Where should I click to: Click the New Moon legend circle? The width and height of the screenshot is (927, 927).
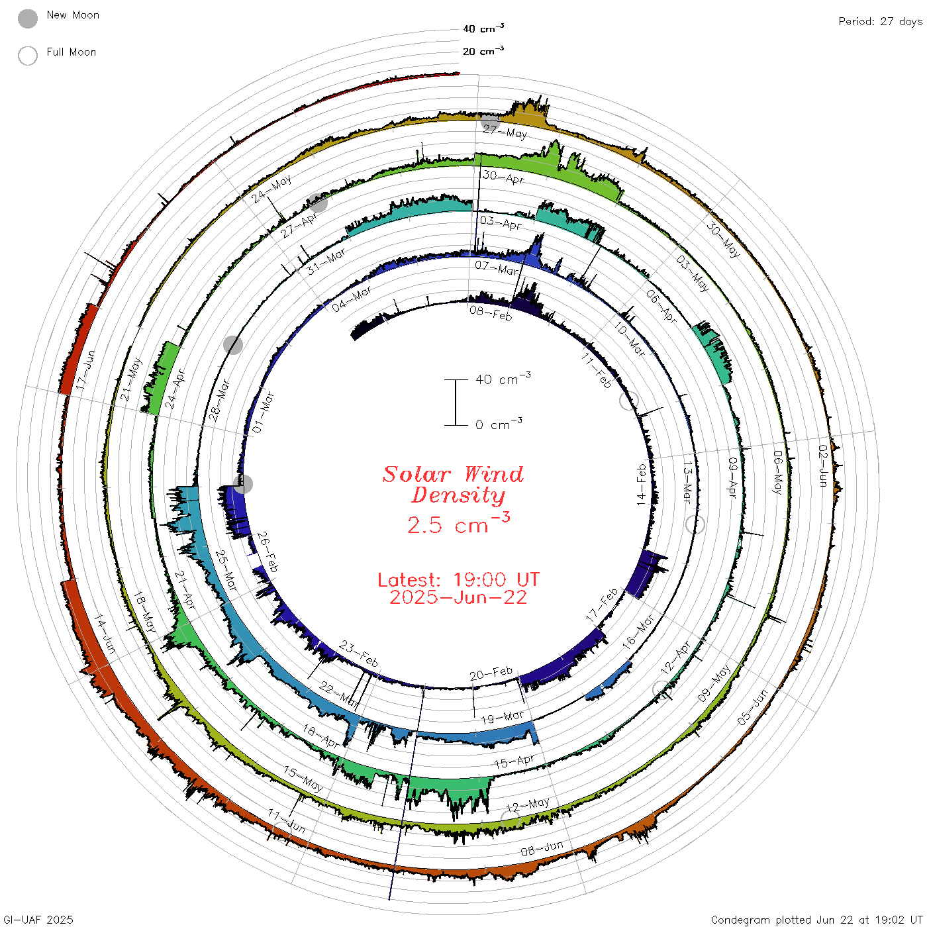[28, 19]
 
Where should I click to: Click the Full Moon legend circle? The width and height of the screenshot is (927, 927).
[28, 56]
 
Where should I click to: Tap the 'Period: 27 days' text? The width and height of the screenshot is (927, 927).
[880, 22]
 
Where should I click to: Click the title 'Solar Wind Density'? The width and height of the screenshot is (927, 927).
[453, 485]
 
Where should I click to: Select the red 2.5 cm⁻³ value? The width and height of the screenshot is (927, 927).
[458, 524]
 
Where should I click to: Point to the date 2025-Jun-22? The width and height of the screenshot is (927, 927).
[458, 597]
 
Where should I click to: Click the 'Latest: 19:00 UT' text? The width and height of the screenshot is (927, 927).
[458, 579]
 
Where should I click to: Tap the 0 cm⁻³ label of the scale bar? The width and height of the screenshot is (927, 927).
[499, 424]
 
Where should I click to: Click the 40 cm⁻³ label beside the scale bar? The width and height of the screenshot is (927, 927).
[503, 378]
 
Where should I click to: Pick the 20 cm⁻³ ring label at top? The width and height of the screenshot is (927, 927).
[483, 50]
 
